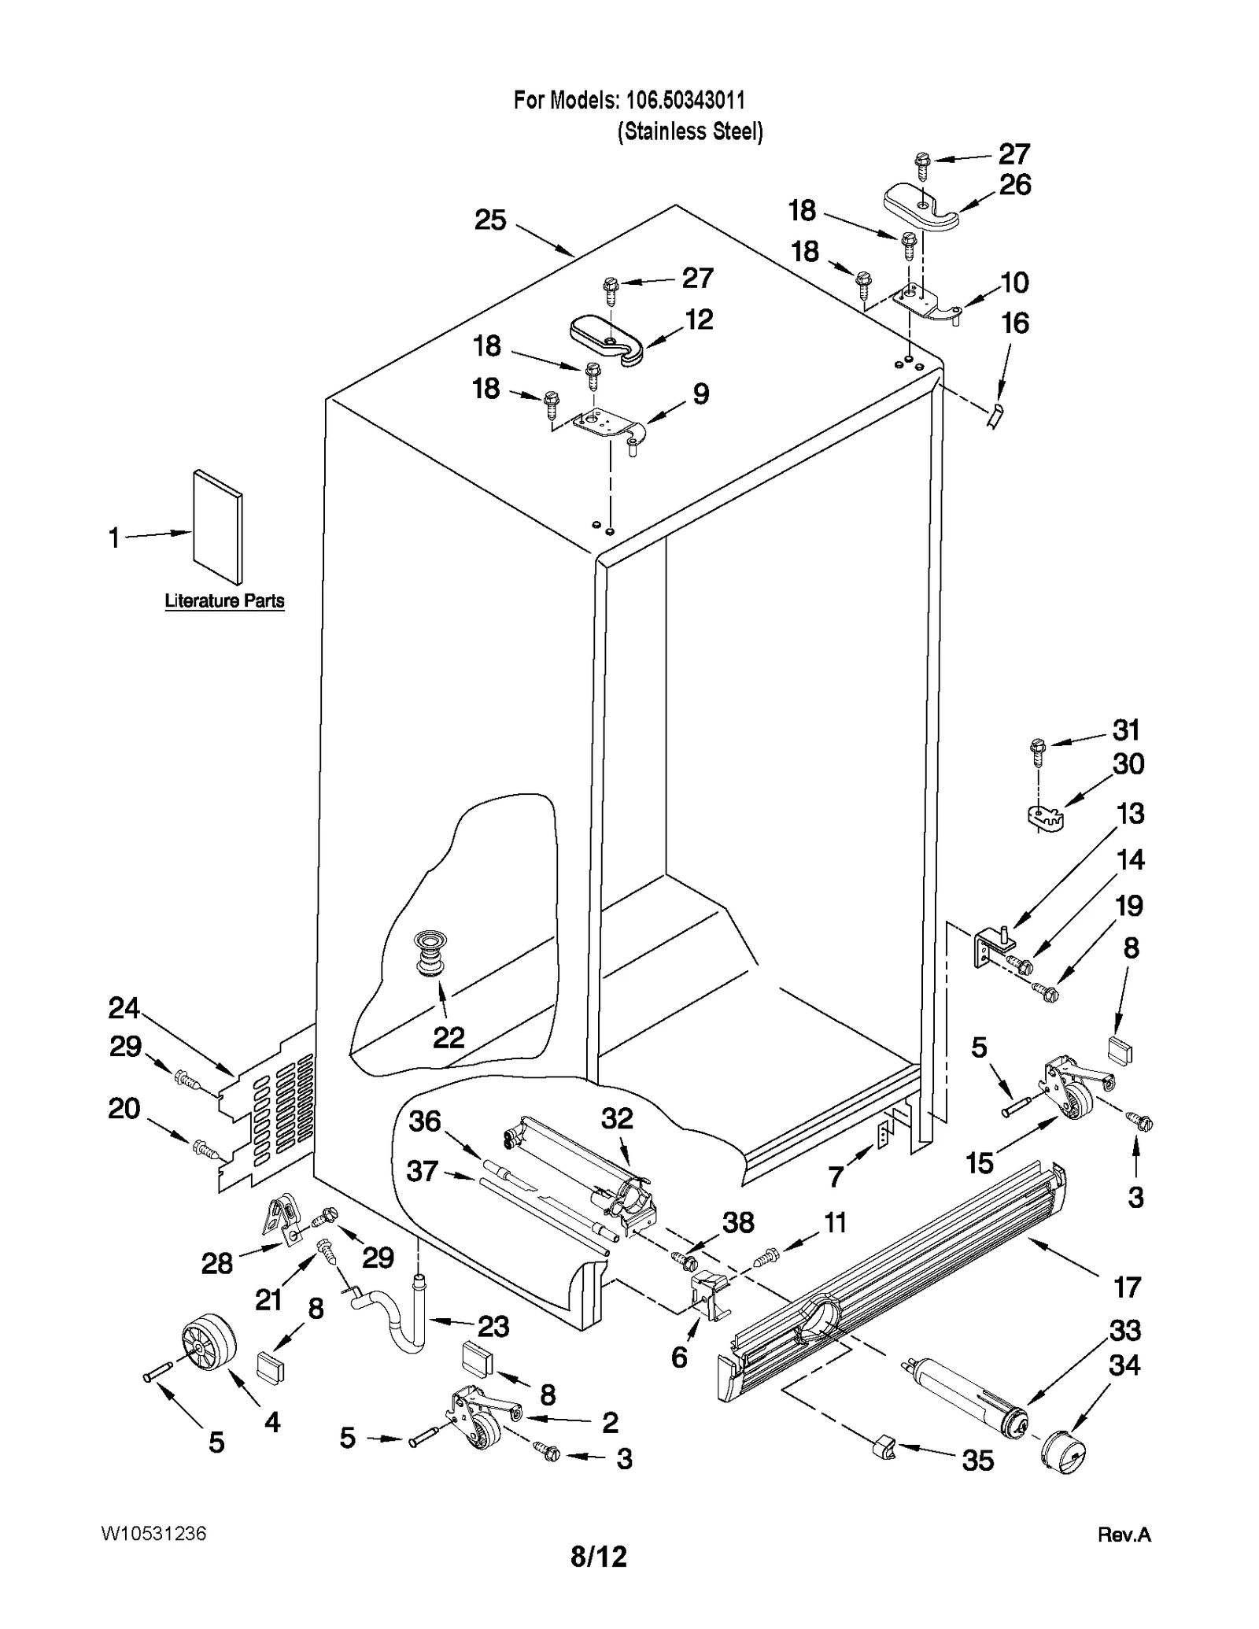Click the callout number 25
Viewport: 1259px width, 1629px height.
point(489,220)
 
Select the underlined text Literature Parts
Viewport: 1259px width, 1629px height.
point(224,600)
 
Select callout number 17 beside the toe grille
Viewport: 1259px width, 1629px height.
point(1127,1287)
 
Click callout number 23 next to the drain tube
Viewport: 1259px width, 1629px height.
point(493,1327)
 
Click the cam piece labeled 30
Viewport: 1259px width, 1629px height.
point(1045,818)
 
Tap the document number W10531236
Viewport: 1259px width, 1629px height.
point(153,1534)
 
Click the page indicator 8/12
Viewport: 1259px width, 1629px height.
point(599,1556)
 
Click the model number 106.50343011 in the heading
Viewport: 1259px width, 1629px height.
point(684,100)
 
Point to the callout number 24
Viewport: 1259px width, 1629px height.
point(124,1008)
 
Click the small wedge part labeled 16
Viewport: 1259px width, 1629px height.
point(995,415)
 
